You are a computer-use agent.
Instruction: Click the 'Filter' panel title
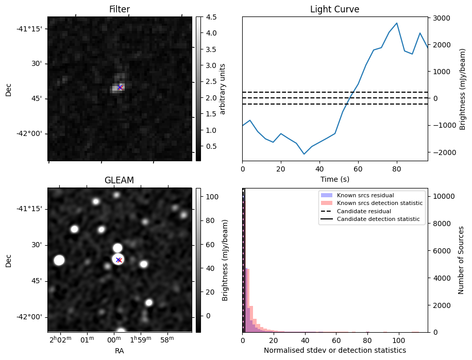click(119, 9)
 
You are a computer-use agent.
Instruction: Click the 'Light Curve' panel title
click(334, 9)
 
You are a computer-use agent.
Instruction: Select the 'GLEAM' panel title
click(119, 180)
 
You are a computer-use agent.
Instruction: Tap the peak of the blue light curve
click(396, 23)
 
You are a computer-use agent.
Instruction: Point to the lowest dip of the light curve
click(304, 154)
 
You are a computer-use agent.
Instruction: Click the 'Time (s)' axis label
click(334, 179)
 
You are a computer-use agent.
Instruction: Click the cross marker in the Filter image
click(120, 88)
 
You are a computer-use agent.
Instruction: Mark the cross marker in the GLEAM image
click(119, 260)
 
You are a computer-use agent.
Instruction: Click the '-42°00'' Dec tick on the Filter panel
click(30, 133)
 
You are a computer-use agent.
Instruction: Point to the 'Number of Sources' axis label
click(461, 260)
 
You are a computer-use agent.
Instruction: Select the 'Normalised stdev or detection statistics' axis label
click(334, 350)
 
